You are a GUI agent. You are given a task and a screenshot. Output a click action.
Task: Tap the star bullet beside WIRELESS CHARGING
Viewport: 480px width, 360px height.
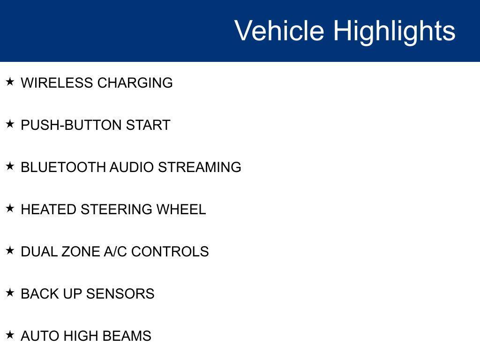[x=10, y=82]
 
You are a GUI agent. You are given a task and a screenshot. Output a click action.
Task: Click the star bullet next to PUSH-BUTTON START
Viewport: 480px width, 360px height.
[x=10, y=124]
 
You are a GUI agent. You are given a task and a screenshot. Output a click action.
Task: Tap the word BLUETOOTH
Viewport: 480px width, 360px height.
[x=63, y=167]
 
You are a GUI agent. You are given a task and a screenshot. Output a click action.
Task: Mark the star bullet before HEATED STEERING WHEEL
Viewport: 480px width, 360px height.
[x=10, y=209]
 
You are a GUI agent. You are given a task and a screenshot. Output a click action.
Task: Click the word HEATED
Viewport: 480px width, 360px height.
[x=49, y=210]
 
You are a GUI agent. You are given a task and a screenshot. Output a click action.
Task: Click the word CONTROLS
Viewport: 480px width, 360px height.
[x=170, y=252]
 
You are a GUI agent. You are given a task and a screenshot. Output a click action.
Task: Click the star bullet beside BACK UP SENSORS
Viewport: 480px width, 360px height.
[x=10, y=293]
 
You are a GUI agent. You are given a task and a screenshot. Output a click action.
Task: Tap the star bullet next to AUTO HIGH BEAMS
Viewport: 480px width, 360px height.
[x=10, y=335]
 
